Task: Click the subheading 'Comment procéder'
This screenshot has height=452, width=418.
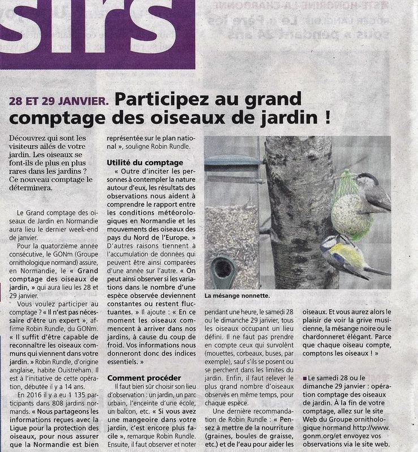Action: pos(144,377)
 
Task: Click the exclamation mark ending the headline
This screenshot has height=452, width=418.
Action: pos(327,119)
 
